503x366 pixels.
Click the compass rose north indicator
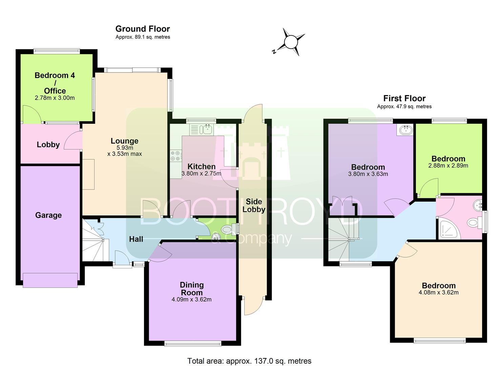(x=274, y=52)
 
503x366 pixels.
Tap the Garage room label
(x=48, y=215)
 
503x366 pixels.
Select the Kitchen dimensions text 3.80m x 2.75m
(x=202, y=174)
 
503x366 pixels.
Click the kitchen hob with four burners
(x=176, y=156)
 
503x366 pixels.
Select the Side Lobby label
(x=254, y=206)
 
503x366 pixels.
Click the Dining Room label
(x=192, y=289)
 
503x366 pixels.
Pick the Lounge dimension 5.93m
(x=125, y=148)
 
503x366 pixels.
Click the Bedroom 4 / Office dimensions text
(x=55, y=98)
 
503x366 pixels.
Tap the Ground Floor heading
(x=143, y=29)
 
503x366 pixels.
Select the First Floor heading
(x=404, y=98)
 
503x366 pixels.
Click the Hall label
(x=136, y=239)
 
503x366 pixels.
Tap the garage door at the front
(x=50, y=280)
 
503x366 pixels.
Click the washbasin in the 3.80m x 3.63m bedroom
(x=405, y=130)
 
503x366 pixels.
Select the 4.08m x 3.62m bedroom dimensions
(x=439, y=292)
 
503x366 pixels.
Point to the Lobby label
(x=48, y=144)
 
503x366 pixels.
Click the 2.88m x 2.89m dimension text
(x=448, y=166)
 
